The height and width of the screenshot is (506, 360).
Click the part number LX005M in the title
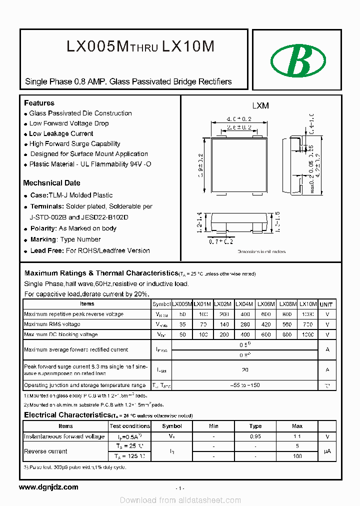click(97, 46)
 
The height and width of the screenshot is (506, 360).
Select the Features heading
click(39, 103)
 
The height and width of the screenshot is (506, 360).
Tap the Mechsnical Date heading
click(51, 183)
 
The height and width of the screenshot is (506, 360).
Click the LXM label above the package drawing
click(260, 106)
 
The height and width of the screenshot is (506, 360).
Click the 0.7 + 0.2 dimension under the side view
click(221, 242)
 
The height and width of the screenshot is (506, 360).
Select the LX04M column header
click(244, 304)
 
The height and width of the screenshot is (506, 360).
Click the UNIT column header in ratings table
click(327, 304)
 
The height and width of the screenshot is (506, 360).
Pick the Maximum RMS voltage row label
click(52, 324)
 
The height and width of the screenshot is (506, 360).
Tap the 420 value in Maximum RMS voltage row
click(266, 324)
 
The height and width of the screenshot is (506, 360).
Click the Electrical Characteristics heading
click(66, 415)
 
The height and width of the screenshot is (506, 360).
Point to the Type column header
click(255, 426)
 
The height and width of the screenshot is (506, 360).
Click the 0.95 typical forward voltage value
click(255, 436)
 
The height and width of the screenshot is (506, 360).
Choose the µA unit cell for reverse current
click(327, 451)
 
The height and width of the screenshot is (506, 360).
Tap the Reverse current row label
click(45, 451)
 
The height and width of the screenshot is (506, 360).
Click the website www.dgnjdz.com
click(48, 487)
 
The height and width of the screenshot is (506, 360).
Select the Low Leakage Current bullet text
click(61, 133)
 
